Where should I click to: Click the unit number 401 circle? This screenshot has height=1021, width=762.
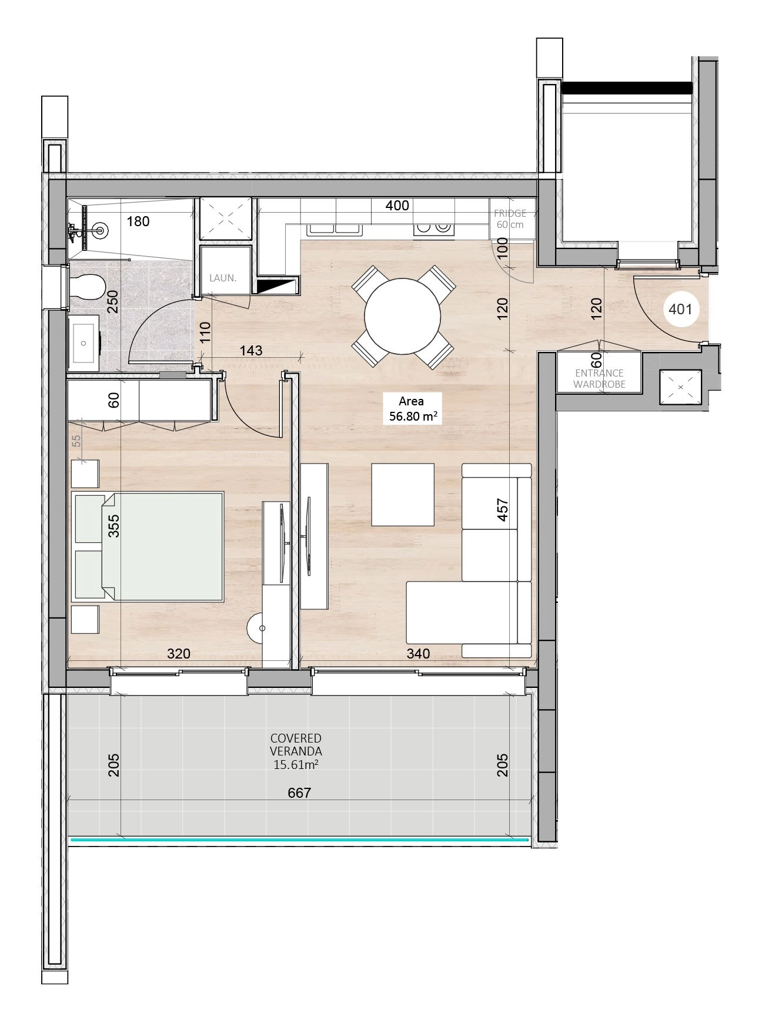pyautogui.click(x=680, y=308)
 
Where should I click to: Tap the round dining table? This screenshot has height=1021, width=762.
pyautogui.click(x=402, y=317)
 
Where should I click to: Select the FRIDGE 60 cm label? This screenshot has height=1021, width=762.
pyautogui.click(x=510, y=219)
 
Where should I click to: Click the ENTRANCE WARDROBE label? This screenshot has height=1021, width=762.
pyautogui.click(x=599, y=379)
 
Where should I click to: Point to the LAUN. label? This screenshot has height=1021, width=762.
pyautogui.click(x=223, y=278)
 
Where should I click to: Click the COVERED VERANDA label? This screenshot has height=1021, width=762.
pyautogui.click(x=296, y=744)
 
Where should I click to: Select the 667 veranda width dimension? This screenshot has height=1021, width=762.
pyautogui.click(x=299, y=793)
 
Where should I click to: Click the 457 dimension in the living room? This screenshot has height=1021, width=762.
pyautogui.click(x=503, y=510)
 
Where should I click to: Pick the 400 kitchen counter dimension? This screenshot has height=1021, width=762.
pyautogui.click(x=397, y=206)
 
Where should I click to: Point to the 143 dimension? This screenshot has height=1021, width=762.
pyautogui.click(x=251, y=350)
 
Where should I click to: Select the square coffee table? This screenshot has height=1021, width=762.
pyautogui.click(x=403, y=495)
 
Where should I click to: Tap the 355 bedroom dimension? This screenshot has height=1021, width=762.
pyautogui.click(x=114, y=526)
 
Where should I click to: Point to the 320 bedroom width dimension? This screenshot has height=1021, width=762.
pyautogui.click(x=179, y=653)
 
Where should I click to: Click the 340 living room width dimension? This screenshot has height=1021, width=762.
pyautogui.click(x=418, y=653)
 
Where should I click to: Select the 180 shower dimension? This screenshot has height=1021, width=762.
pyautogui.click(x=138, y=221)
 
